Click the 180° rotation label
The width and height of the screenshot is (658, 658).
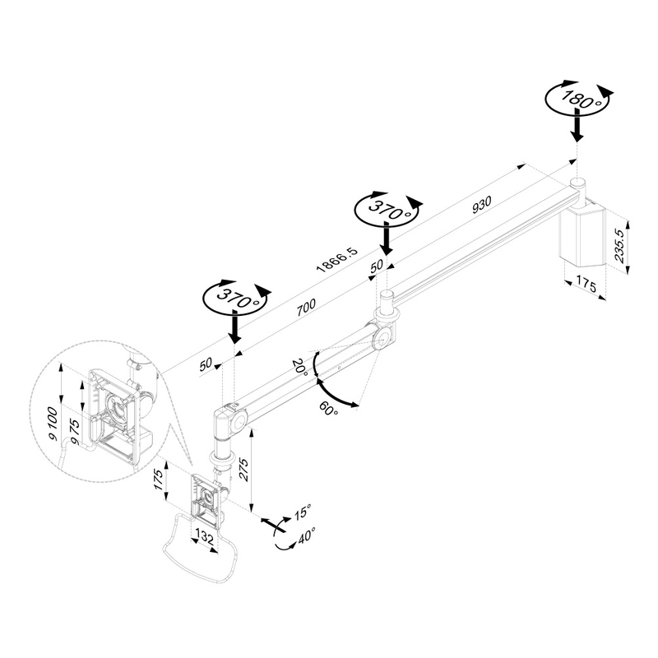click(x=581, y=100)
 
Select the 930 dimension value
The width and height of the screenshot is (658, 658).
click(x=481, y=205)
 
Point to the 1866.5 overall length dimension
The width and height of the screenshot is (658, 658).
click(x=337, y=260)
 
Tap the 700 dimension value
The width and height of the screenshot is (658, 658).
click(x=305, y=307)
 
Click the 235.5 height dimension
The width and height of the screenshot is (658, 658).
click(x=620, y=246)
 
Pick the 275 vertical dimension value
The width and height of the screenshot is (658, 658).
click(x=243, y=469)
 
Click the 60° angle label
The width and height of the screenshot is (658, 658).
click(x=328, y=408)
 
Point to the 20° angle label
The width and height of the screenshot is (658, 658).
click(x=300, y=367)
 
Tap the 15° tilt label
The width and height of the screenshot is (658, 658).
click(x=303, y=512)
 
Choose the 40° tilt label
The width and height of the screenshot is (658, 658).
click(x=306, y=536)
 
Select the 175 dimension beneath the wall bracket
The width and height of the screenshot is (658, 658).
click(x=586, y=285)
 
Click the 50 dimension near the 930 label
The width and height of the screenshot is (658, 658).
click(x=377, y=265)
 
